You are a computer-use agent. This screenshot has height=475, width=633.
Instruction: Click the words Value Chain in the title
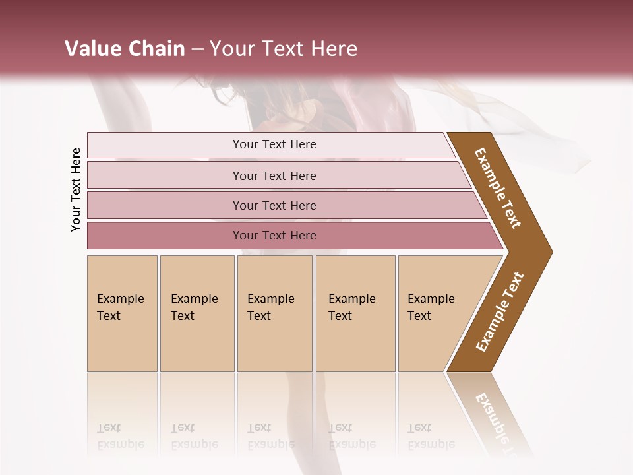click(x=125, y=49)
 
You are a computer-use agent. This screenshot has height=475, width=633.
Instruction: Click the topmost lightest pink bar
click(x=165, y=145)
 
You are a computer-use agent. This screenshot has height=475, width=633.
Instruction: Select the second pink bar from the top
click(x=165, y=175)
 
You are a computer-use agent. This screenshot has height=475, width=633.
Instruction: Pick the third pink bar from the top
click(x=165, y=205)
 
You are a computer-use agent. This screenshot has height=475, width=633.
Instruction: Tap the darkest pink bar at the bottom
click(x=165, y=236)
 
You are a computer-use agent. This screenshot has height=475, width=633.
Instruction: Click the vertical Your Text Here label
click(x=76, y=190)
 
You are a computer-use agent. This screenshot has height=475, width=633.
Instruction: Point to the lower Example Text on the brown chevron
click(x=500, y=311)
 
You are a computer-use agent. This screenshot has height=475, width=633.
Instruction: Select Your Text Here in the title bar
click(x=284, y=49)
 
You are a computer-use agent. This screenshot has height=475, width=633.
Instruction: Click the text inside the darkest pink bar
click(x=274, y=236)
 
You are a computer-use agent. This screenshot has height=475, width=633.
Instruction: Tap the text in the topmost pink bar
click(x=274, y=144)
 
